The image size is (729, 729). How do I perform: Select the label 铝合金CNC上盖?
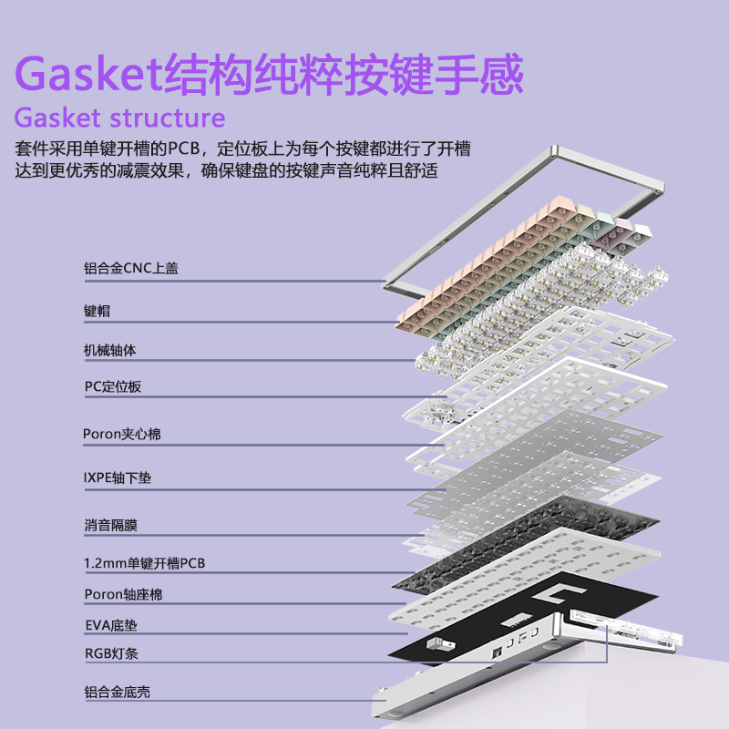(130, 268)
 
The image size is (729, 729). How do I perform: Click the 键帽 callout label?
(97, 311)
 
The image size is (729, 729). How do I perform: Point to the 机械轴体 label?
(110, 350)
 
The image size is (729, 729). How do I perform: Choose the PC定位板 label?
(112, 386)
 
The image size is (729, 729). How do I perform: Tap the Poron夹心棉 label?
(121, 434)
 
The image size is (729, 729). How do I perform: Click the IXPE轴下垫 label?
(118, 476)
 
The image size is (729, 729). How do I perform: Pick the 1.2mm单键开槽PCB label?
(144, 563)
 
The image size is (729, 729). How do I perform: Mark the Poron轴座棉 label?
(122, 594)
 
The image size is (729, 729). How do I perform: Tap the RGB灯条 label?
(110, 653)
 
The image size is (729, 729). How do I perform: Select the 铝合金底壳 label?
(117, 693)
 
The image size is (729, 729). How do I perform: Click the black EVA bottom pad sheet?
(510, 629)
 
